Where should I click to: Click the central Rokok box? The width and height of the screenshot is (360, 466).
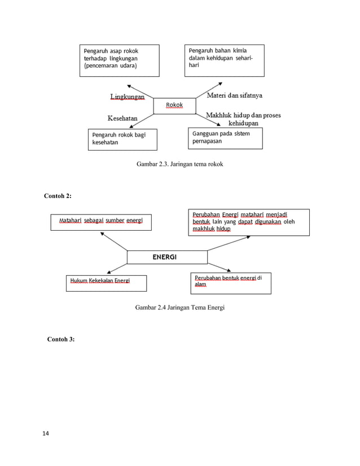174,105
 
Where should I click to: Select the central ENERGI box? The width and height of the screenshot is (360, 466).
164,257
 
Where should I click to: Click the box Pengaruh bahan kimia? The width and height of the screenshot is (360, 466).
224,60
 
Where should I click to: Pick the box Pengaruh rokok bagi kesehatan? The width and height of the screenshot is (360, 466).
122,139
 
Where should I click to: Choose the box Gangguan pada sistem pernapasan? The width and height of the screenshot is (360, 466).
225,138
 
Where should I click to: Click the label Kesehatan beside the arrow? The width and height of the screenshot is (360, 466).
122,118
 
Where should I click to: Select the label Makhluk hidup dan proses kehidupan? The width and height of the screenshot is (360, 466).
243,119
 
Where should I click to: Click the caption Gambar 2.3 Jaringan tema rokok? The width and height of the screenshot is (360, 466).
183,164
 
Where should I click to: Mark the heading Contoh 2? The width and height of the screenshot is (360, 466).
58,196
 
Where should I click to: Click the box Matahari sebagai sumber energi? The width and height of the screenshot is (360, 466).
101,222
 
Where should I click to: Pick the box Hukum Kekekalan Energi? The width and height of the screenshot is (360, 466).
106,283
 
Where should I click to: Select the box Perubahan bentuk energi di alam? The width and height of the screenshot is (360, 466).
231,283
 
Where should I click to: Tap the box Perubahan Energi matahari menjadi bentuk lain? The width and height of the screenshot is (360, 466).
248,222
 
